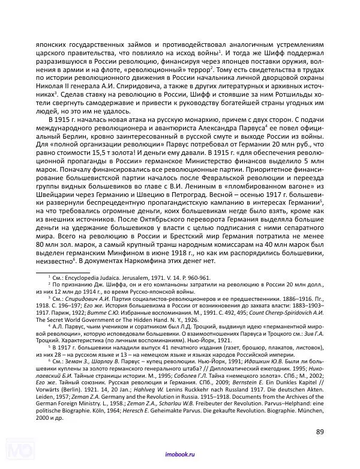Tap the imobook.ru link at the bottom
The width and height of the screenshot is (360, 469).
(x=179, y=457)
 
